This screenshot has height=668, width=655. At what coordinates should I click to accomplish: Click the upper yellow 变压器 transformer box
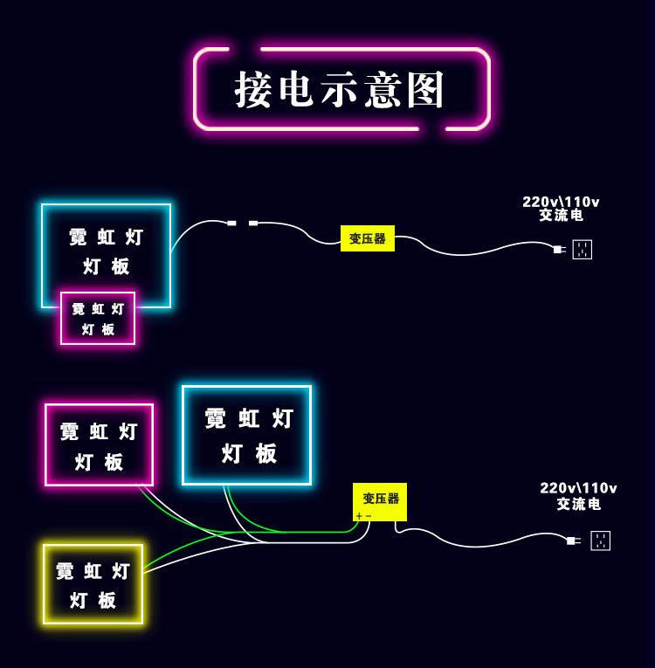point(368,238)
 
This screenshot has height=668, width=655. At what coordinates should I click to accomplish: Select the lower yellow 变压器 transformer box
point(380,499)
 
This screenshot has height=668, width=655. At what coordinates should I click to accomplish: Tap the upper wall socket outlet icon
point(583,250)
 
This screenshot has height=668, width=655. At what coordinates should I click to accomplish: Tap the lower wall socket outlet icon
point(601,541)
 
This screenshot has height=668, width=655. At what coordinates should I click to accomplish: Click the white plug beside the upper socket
point(558,250)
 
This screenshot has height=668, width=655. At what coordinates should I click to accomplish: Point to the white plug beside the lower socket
point(572,541)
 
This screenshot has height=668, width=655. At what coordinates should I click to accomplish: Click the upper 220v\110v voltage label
point(561,202)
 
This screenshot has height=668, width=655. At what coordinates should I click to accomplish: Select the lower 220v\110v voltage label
point(578,488)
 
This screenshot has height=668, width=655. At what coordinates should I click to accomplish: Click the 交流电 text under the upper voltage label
point(561,215)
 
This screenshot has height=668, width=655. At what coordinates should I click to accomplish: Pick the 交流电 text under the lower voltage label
point(579,504)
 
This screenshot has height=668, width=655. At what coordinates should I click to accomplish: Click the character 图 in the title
point(426,90)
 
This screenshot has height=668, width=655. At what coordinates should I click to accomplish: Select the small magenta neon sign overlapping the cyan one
point(98,319)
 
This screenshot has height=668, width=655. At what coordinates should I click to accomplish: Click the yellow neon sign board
point(93,584)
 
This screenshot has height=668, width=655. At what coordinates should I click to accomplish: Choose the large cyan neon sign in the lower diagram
point(247,435)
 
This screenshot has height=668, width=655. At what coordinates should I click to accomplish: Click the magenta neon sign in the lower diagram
point(100,444)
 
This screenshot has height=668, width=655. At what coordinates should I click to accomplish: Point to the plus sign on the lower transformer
point(359,516)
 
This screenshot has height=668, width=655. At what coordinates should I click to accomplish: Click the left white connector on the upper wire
point(231,224)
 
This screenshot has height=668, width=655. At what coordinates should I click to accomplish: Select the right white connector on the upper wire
point(253,224)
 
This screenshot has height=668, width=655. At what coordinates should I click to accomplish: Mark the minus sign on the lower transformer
point(369,516)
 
